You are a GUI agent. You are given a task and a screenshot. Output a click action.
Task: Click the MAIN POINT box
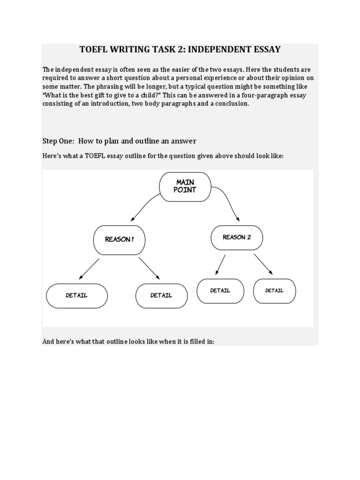tap(185, 187)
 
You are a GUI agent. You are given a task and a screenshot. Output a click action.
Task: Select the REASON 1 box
tap(119, 240)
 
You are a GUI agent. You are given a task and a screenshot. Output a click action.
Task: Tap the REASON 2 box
tap(237, 238)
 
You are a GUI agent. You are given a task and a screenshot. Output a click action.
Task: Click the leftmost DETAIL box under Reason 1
tap(77, 296)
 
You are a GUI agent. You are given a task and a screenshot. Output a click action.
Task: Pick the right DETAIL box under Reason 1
tap(161, 296)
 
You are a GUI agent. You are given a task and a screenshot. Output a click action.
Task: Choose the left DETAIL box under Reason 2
tap(220, 291)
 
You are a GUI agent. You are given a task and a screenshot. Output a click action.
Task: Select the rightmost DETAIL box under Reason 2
tap(275, 291)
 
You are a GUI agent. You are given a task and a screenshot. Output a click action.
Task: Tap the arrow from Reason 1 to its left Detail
tap(89, 269)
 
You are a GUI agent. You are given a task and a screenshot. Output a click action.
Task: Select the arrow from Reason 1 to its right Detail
tap(149, 269)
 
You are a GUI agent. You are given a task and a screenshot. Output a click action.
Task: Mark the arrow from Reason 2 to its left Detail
tap(220, 265)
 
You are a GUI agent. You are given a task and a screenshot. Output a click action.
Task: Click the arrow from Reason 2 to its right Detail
tap(263, 264)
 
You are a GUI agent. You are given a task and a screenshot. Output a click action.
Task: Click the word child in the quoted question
tap(145, 96)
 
